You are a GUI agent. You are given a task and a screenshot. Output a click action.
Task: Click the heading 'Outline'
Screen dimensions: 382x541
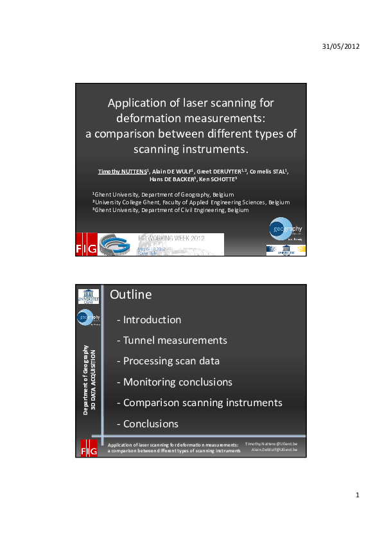[x=131, y=295]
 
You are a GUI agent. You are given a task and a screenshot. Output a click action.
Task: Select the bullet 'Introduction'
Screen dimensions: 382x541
[x=152, y=319]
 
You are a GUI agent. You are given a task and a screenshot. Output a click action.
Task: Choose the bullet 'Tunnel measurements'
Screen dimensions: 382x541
[x=175, y=340]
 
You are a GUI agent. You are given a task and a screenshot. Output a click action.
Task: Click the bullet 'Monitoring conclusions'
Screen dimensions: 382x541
[x=177, y=382]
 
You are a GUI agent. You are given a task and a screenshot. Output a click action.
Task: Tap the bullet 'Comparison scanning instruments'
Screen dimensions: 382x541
[x=202, y=403]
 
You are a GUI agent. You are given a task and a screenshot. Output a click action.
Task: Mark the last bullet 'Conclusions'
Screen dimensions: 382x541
[x=151, y=423]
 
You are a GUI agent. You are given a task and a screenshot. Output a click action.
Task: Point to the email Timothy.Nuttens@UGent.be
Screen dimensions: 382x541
[x=275, y=444]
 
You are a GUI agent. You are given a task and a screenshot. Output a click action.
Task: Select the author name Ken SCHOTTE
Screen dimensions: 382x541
[x=221, y=179]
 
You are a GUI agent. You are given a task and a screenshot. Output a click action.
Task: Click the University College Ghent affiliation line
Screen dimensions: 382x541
[x=191, y=202]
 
